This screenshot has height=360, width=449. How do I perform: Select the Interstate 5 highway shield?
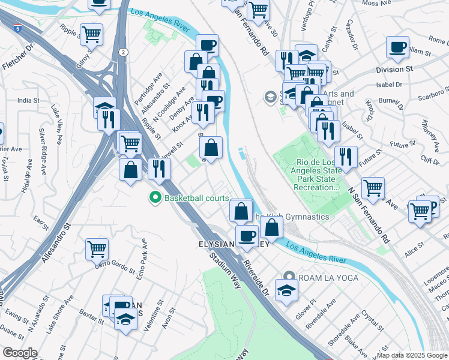18,28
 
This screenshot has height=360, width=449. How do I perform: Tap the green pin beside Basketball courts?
155,197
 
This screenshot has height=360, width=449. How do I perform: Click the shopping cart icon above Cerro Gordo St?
97,248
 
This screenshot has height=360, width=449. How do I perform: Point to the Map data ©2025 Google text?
412,355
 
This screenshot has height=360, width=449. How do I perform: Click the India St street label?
28,100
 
